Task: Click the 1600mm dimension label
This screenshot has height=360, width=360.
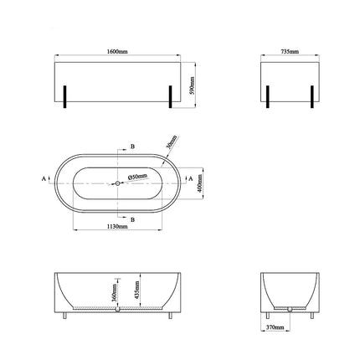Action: pyautogui.click(x=117, y=52)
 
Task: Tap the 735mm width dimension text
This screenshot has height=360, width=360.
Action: pyautogui.click(x=290, y=52)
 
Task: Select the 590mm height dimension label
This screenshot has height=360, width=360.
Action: pyautogui.click(x=193, y=85)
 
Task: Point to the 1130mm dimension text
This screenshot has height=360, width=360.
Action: pyautogui.click(x=117, y=227)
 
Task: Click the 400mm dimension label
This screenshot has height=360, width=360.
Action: pyautogui.click(x=199, y=183)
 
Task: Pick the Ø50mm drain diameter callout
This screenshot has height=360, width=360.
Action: pyautogui.click(x=137, y=177)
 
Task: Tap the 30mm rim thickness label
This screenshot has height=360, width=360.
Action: pyautogui.click(x=172, y=142)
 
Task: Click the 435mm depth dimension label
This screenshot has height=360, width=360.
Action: pyautogui.click(x=136, y=290)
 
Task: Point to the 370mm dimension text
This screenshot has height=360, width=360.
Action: pyautogui.click(x=275, y=327)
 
